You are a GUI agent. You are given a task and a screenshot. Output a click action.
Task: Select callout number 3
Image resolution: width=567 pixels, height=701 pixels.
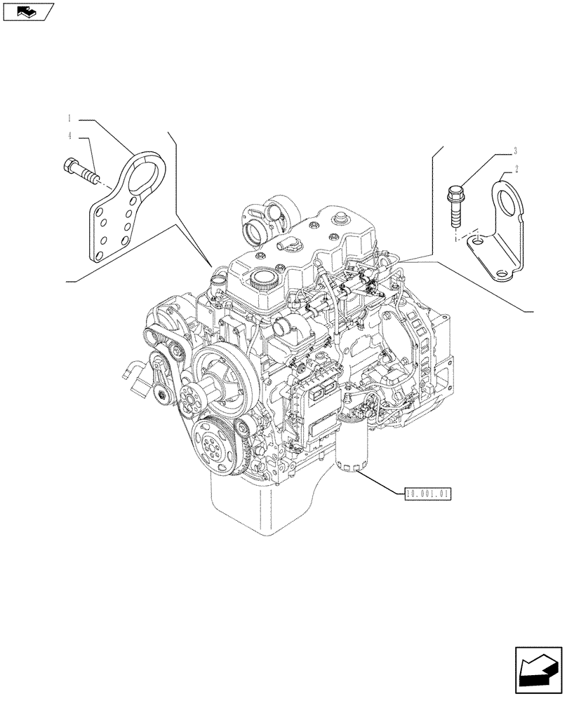(x=516, y=151)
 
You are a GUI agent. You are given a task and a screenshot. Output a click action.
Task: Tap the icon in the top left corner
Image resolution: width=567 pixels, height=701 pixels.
(x=27, y=11)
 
